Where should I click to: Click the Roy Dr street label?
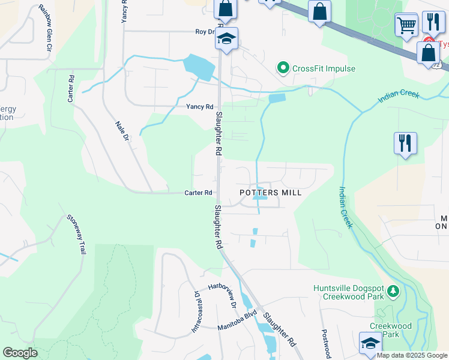pos(205,32)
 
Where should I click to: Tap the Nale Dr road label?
pos(122,130)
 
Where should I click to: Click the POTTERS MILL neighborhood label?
pos(270,193)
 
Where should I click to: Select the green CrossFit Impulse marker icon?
pos(283,68)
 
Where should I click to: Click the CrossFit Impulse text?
pos(324,68)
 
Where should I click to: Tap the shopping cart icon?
pos(406,25)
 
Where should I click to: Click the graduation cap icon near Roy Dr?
pos(226,38)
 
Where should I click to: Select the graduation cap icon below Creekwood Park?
pos(370,343)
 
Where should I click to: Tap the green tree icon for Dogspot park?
pos(393,292)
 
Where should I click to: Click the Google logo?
pos(20,353)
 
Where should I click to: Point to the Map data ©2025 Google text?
pos(412,355)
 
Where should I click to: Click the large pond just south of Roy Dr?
pos(199,67)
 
